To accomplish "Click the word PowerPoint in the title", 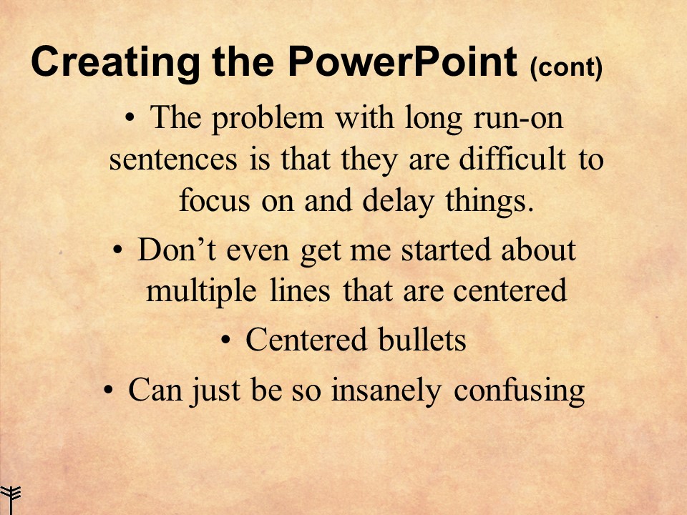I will pos(402,64).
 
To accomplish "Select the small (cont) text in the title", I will pos(566,69).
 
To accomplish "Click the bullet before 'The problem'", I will pos(129,117).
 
